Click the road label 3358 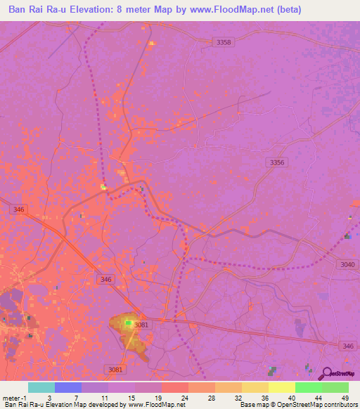(224, 43)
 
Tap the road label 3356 (278, 162)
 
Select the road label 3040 (348, 264)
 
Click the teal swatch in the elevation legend (41, 387)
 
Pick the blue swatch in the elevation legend (68, 387)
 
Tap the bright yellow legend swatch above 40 (282, 387)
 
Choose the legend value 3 (49, 397)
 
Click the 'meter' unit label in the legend (13, 397)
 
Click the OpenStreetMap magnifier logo (325, 373)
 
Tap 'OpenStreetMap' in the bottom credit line (300, 405)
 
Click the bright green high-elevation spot (129, 323)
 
